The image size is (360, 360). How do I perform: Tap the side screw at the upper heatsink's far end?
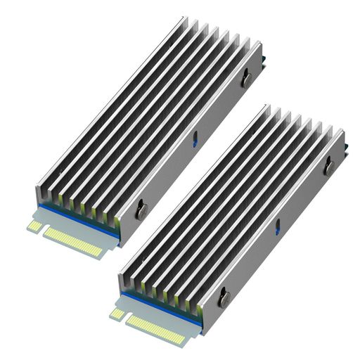245,80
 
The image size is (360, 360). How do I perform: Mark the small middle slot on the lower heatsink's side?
277,226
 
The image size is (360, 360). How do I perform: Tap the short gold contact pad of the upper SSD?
34,226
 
